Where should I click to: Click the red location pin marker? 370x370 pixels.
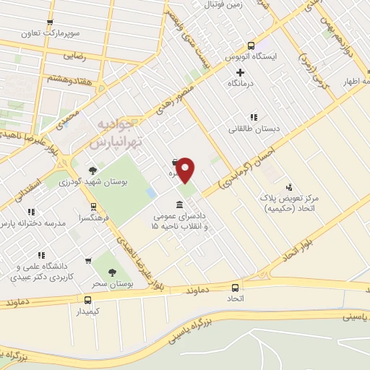click(186, 169)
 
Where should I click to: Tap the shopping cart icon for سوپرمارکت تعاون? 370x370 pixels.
click(49, 23)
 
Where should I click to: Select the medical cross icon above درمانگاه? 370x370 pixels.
click(241, 72)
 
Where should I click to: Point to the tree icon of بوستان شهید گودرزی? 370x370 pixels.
click(92, 171)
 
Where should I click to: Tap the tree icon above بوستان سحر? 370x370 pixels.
click(112, 272)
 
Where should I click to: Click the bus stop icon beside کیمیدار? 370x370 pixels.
click(87, 300)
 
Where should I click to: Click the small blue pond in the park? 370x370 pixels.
click(151, 194)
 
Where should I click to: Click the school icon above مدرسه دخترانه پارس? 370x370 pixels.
click(31, 212)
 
